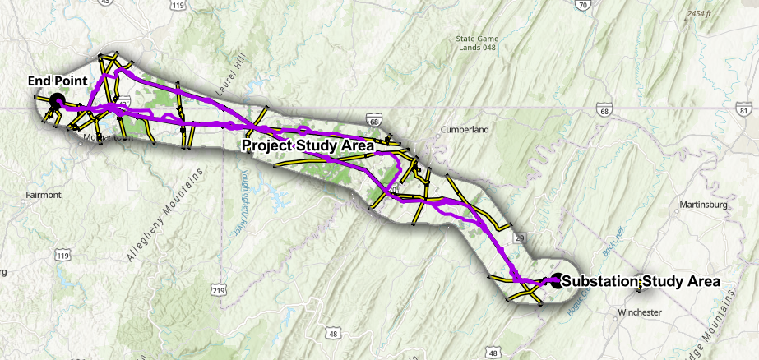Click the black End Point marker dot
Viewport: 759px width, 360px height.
57,101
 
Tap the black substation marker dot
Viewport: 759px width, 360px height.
558,280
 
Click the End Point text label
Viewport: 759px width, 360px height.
57,81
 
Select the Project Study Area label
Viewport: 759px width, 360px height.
308,145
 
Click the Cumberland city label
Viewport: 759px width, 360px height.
465,129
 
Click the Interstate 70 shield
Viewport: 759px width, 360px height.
582,6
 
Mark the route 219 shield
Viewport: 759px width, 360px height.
218,290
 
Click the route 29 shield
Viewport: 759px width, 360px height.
520,238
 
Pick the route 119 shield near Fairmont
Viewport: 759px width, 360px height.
62,256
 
